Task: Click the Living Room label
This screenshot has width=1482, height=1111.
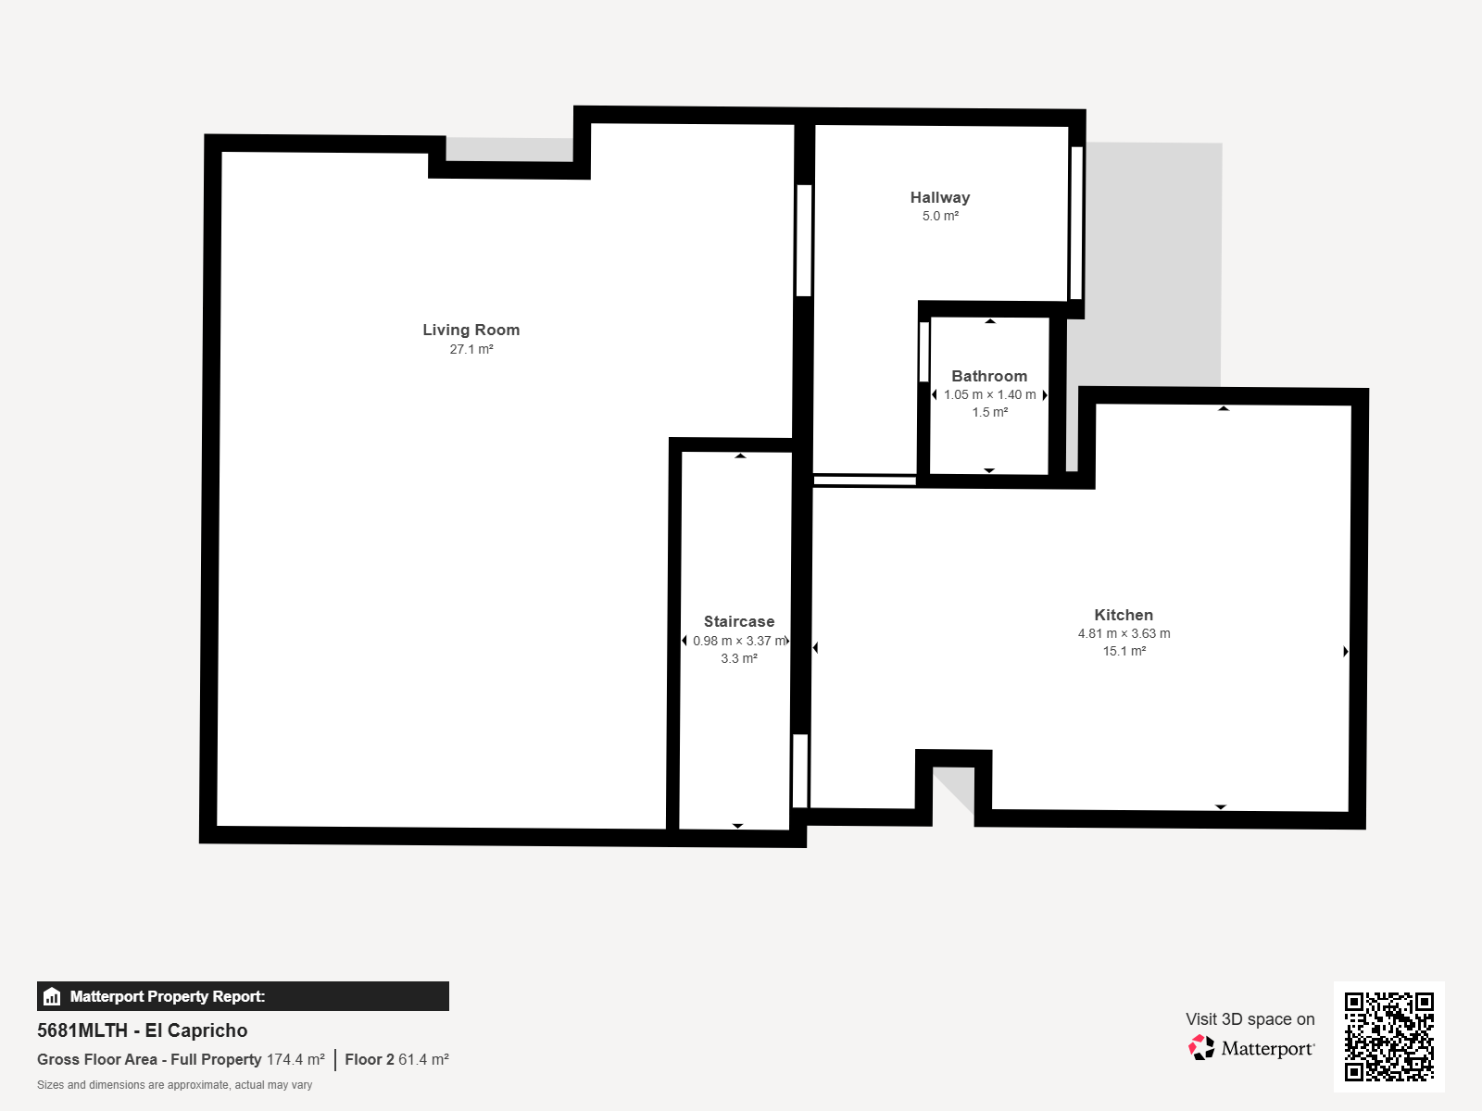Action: pyautogui.click(x=471, y=330)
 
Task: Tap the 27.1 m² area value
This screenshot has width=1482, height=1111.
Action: pyautogui.click(x=471, y=349)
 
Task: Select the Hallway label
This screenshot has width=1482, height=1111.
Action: pyautogui.click(x=940, y=197)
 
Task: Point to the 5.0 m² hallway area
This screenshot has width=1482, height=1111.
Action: pyautogui.click(x=940, y=216)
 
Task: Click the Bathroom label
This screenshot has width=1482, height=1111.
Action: pyautogui.click(x=989, y=376)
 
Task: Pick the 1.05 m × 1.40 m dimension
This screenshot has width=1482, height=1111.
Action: pyautogui.click(x=990, y=394)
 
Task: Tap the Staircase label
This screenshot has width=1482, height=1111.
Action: pyautogui.click(x=738, y=621)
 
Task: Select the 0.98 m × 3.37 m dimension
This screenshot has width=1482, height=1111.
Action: pyautogui.click(x=739, y=641)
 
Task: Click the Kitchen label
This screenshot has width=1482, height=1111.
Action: pyautogui.click(x=1124, y=615)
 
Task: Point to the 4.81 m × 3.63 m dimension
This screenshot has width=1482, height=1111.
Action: pyautogui.click(x=1124, y=633)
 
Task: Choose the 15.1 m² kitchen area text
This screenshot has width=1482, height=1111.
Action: pyautogui.click(x=1124, y=651)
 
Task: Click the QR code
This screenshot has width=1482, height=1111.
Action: pyautogui.click(x=1388, y=1037)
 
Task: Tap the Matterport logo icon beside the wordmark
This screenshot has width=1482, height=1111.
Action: pyautogui.click(x=1201, y=1048)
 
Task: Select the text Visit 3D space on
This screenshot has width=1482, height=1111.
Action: pyautogui.click(x=1250, y=1019)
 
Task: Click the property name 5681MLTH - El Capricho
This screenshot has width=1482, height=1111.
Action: pyautogui.click(x=143, y=1030)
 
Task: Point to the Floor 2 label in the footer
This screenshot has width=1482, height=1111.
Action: pyautogui.click(x=370, y=1060)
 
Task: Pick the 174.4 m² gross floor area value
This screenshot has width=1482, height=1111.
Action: pyautogui.click(x=295, y=1060)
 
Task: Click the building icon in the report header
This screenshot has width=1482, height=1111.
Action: pyautogui.click(x=52, y=996)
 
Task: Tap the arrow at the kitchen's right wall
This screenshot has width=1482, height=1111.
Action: pyautogui.click(x=1346, y=651)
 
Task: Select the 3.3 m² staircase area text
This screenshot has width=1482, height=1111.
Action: pyautogui.click(x=739, y=658)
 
